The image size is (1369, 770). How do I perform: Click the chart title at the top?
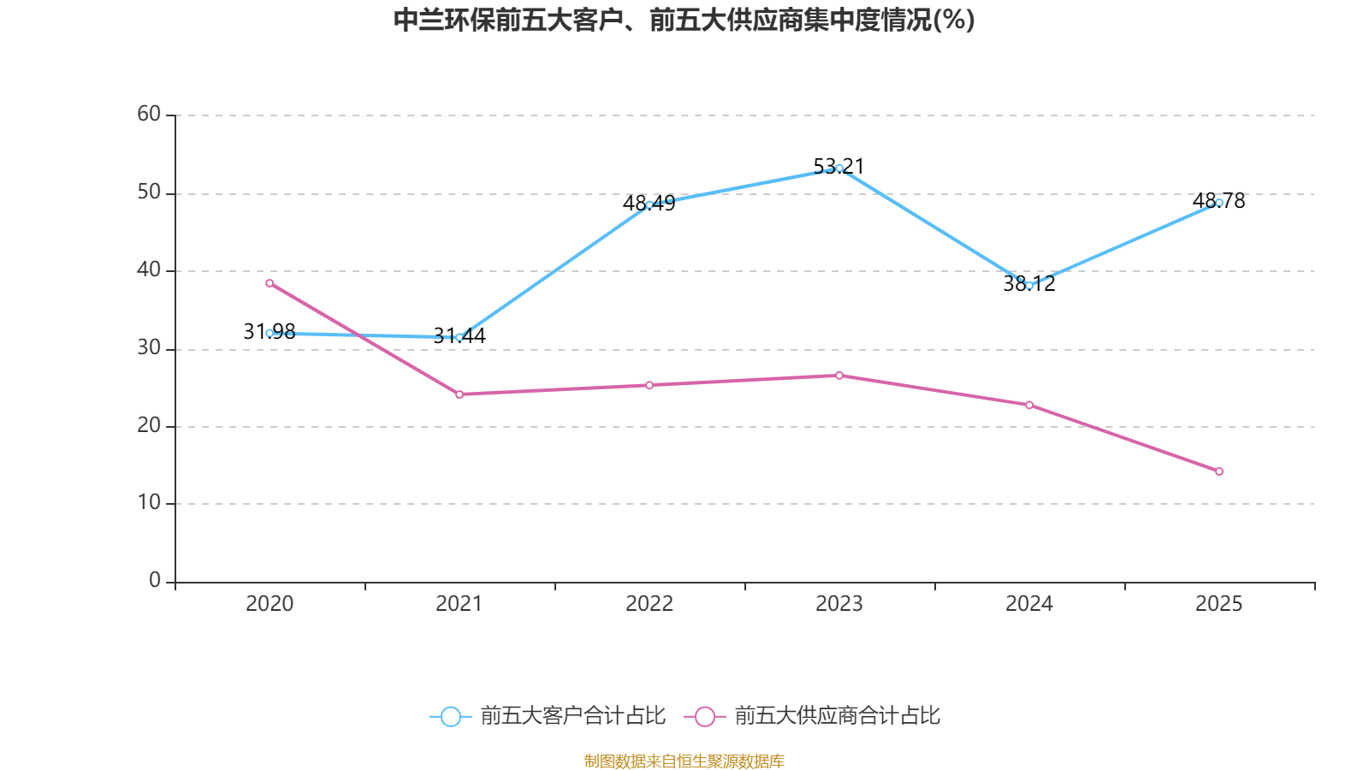click(x=684, y=21)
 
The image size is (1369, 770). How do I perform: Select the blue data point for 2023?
click(x=839, y=169)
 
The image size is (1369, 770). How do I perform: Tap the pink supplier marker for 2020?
click(x=270, y=283)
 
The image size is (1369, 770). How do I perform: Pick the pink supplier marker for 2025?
click(x=1218, y=471)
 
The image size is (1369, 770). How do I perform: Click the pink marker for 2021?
click(x=459, y=394)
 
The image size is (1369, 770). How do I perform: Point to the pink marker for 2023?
click(x=839, y=376)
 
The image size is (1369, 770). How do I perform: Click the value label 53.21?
click(x=839, y=166)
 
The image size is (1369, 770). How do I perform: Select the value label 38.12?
click(x=1029, y=283)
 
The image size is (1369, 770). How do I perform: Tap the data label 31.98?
click(x=269, y=331)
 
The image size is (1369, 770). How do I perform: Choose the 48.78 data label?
click(x=1218, y=200)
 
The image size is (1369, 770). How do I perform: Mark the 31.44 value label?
click(x=459, y=335)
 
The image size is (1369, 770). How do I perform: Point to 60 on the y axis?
click(x=149, y=114)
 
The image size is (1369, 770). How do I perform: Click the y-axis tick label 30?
click(x=149, y=347)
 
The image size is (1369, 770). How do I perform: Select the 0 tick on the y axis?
click(x=155, y=580)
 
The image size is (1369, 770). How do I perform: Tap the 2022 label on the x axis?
click(x=649, y=604)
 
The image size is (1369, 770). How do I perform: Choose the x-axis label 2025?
click(x=1218, y=604)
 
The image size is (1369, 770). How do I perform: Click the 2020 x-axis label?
click(x=270, y=604)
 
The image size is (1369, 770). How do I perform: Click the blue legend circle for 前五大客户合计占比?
click(x=451, y=716)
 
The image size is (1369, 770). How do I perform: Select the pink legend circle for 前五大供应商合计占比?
click(x=705, y=716)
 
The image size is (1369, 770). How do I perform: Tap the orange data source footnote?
click(x=684, y=761)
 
